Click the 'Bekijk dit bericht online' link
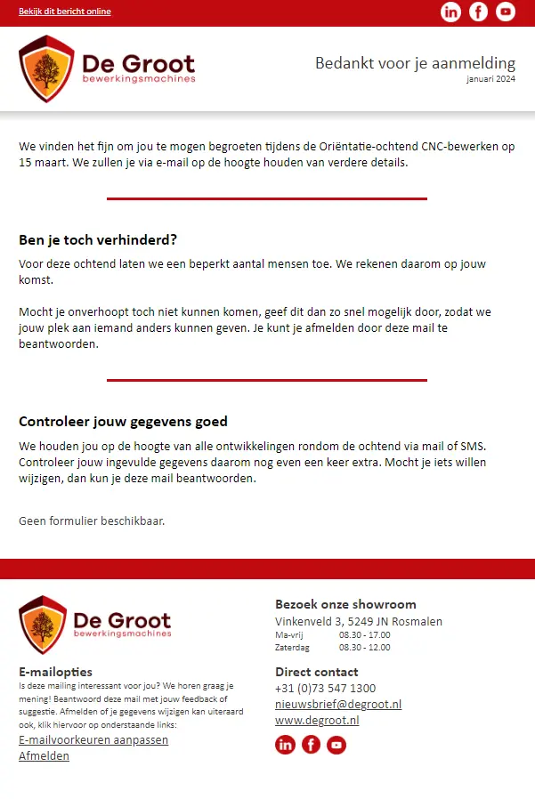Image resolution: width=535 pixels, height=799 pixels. point(65,12)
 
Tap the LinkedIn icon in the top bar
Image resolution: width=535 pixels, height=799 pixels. point(451,12)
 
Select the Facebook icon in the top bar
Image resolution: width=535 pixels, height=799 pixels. point(479,12)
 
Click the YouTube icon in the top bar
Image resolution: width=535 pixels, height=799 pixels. point(506,12)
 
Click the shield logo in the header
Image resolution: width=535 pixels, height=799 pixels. point(46,69)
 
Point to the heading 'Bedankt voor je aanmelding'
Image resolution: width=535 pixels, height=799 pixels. point(415,63)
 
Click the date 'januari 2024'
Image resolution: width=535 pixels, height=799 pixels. point(490,79)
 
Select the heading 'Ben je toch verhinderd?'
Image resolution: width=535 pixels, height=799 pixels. point(98,240)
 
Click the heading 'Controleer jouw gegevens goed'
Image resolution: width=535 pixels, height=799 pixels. point(123,422)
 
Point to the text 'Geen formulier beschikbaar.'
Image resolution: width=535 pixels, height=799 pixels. point(92,521)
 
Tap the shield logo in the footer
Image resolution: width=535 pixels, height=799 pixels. point(43,625)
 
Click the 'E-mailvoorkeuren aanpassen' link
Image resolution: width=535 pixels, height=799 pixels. point(93,740)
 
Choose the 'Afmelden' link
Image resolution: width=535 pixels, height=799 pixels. point(44,756)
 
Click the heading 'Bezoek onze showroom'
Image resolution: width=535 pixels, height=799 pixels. point(345,604)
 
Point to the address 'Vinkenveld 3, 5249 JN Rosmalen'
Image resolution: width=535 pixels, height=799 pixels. point(359,622)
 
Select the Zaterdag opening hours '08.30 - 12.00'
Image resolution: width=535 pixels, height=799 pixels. point(364,648)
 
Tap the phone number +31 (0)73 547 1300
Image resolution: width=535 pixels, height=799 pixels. point(325,688)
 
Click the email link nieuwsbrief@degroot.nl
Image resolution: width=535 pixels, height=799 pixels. point(338,704)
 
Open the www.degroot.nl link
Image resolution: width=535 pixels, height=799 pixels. point(317,720)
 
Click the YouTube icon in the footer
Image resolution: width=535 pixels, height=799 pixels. point(336,745)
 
